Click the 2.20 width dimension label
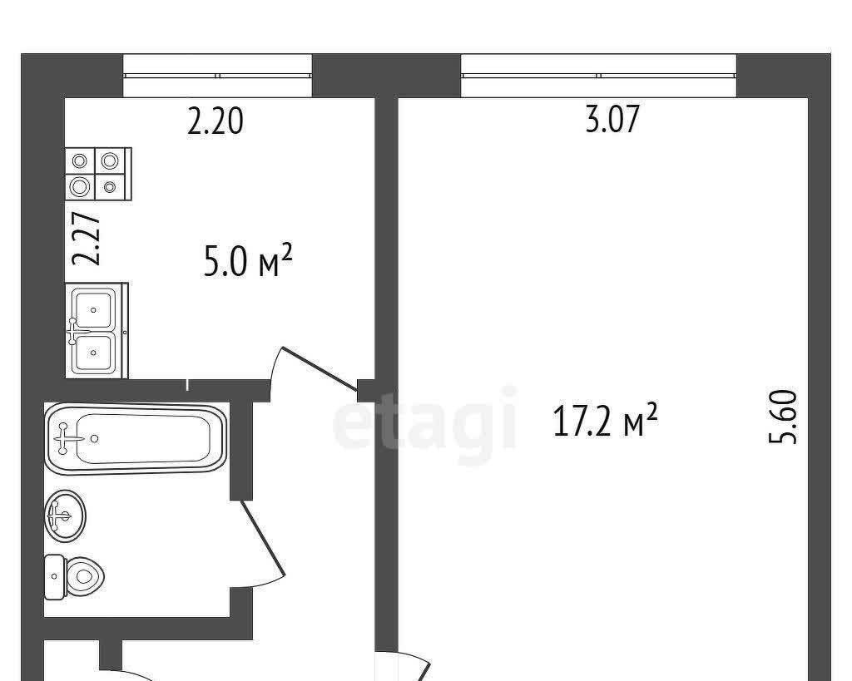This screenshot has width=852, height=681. coord(215,121)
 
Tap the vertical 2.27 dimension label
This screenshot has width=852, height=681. coord(87,239)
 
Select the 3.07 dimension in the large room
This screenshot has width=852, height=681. coord(612,119)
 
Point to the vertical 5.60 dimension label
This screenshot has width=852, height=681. coord(784,417)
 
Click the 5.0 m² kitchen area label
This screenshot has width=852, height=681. coord(248,260)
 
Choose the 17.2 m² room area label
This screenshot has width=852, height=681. coord(605,420)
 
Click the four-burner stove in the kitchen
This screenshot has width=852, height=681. coord(98,174)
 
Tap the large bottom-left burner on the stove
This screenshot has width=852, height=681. coord(80,187)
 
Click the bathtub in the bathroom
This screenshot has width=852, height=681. coord(136,439)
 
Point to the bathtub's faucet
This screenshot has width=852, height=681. coord(63,437)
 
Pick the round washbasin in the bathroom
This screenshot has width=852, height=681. coord(65,516)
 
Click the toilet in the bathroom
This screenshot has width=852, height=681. coord(74,576)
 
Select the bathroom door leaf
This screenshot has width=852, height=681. coord(263,538)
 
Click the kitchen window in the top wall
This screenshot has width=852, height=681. coord(217,76)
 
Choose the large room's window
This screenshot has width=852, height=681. coord(598,76)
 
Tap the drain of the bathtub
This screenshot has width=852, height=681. coord(95,438)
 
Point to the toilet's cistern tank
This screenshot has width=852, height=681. coord(54,577)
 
